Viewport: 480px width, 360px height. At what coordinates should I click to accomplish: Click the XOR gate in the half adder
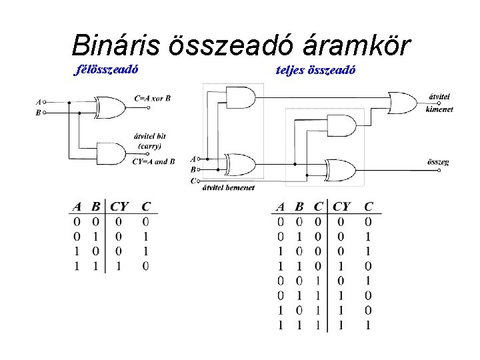[111, 107]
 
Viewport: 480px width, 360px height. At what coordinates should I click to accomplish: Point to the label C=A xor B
[152, 98]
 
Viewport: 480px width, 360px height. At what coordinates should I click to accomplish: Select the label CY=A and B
[153, 162]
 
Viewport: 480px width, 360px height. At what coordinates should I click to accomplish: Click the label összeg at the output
[437, 162]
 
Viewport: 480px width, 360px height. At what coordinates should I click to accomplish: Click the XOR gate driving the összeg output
[340, 170]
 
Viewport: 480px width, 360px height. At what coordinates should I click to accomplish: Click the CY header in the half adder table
[120, 207]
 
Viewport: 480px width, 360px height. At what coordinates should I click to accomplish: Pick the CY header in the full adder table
[341, 207]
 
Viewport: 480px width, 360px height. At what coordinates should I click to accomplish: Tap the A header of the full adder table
[281, 207]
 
